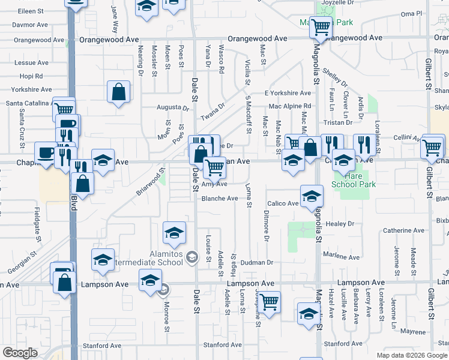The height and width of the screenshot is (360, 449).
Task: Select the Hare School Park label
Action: click(354, 180)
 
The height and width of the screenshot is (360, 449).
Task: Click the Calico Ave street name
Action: click(283, 203)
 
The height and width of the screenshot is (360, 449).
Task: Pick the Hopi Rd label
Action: click(31, 76)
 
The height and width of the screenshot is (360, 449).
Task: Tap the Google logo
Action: click(20, 353)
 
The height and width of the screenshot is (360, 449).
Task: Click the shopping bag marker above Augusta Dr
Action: click(119, 93)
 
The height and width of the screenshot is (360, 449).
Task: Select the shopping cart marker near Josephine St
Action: click(270, 301)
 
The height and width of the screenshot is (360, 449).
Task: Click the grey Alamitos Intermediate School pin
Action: click(191, 257)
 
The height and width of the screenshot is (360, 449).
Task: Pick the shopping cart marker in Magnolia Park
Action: click(321, 26)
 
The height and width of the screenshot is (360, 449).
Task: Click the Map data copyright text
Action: click(412, 355)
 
